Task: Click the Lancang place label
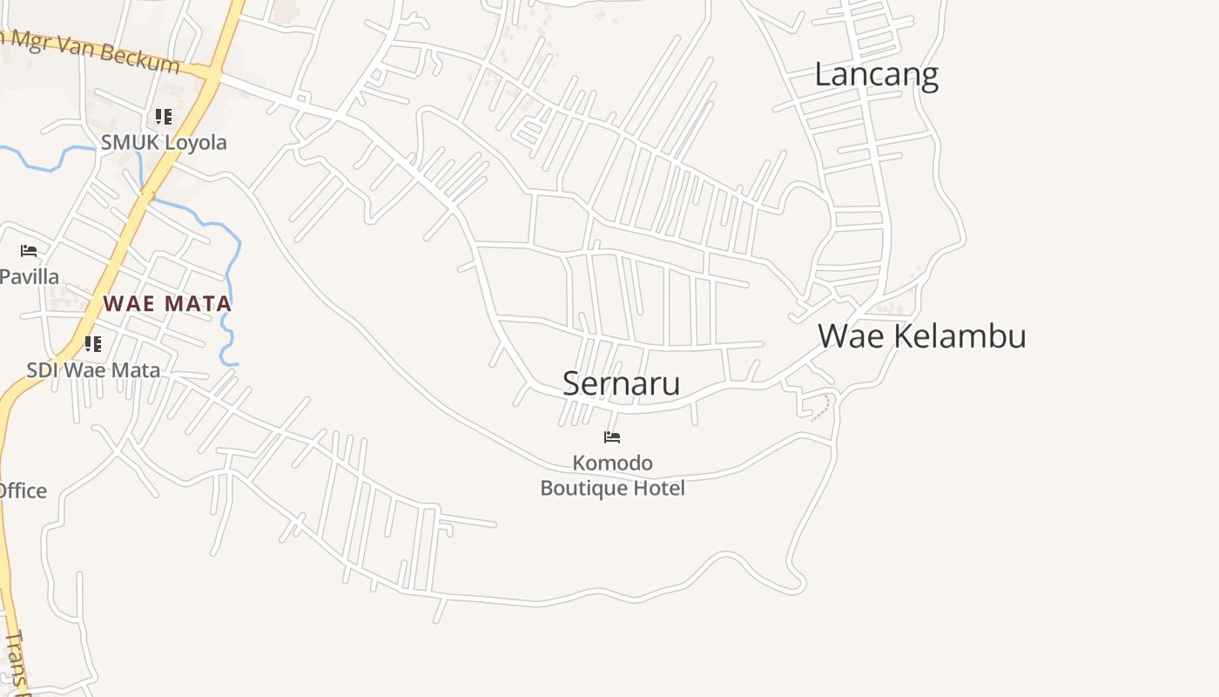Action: tap(876, 75)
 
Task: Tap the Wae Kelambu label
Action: tap(921, 335)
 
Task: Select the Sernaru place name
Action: tap(621, 383)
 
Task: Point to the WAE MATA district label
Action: tap(167, 304)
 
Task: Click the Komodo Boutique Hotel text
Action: tap(612, 476)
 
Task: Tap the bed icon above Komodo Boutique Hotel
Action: tap(612, 437)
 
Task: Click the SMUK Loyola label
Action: tap(164, 143)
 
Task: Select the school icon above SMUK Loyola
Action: tap(164, 116)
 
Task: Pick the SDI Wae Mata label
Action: tap(93, 370)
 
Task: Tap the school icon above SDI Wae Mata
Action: tap(93, 343)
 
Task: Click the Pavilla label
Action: tap(29, 277)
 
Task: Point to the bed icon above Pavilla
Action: tap(29, 251)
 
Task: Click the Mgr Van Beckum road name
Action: tap(96, 51)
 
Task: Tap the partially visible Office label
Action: tap(23, 491)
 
